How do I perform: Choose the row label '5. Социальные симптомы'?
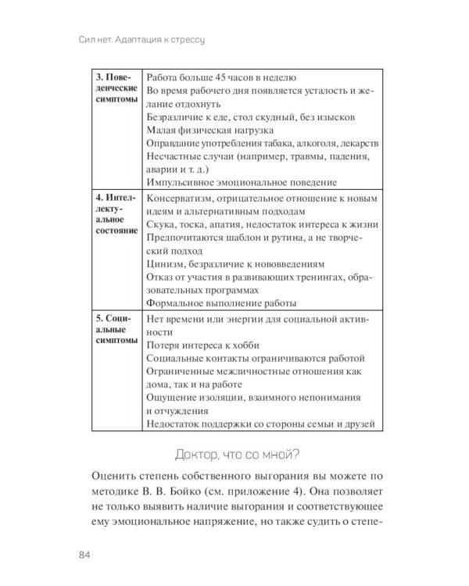[x=114, y=331]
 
